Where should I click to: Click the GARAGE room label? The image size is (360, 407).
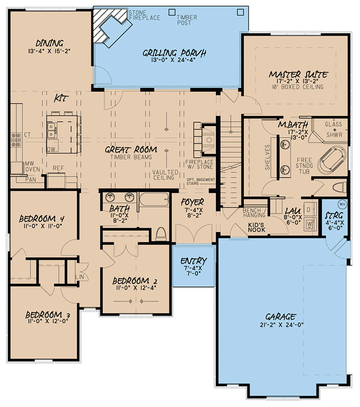280,317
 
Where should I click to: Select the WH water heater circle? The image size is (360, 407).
342,204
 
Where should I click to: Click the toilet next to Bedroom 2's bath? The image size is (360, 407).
161,234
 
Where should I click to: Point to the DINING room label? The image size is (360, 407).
49,43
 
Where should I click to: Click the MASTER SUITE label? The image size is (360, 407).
298,75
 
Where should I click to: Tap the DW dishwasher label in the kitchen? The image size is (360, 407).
51,149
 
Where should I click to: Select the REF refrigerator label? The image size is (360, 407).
58,168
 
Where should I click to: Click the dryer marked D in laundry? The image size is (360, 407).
310,210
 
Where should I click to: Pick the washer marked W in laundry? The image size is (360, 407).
310,224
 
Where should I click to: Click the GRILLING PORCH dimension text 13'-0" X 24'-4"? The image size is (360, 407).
174,60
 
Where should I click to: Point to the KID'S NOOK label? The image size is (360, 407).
256,227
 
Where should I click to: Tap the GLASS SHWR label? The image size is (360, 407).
334,129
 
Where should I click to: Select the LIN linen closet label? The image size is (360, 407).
80,277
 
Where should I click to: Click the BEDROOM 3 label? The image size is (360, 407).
47,315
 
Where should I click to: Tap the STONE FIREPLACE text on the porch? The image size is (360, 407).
144,15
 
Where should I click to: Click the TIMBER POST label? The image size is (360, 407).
187,20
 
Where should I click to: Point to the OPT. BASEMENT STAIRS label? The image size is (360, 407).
201,181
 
